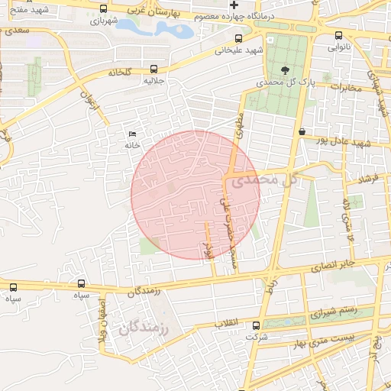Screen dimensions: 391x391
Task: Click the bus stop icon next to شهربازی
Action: coord(104,8)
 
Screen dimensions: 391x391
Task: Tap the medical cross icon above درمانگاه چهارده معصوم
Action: coord(234,5)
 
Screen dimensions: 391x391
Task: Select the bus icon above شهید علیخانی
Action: coord(239,38)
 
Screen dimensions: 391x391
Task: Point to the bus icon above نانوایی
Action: coord(339,35)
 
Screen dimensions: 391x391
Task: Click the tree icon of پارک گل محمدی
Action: coord(285,69)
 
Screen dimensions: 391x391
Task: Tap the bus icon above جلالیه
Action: coord(154,68)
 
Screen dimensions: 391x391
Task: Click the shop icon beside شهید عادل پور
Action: coord(302,131)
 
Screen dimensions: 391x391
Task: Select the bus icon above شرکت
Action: coord(256,326)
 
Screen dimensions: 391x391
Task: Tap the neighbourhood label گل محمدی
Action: coord(263,180)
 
